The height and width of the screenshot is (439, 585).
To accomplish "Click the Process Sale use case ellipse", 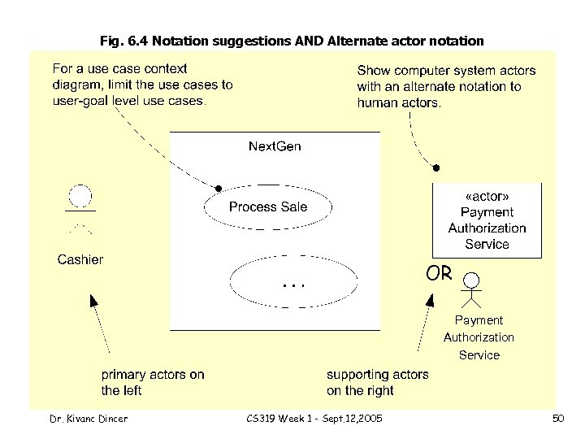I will click(268, 207).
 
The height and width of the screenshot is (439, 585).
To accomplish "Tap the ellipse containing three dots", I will click(293, 284).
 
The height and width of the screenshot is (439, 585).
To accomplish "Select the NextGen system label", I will click(274, 147).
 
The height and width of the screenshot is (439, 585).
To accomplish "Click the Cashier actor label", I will click(80, 260).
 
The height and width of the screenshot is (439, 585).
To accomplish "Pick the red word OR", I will click(439, 273).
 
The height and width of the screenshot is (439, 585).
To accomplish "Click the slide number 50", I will click(557, 418).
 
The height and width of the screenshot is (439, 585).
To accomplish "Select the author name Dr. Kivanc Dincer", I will click(89, 418).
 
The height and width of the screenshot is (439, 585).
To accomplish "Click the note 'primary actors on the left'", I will click(152, 383).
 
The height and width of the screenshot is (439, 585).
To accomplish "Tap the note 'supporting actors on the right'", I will click(377, 383).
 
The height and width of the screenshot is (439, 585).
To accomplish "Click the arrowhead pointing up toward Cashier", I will click(93, 301).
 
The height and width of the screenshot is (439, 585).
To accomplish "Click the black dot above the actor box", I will click(436, 168).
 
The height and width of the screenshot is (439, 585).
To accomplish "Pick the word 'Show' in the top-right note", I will click(375, 71).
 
